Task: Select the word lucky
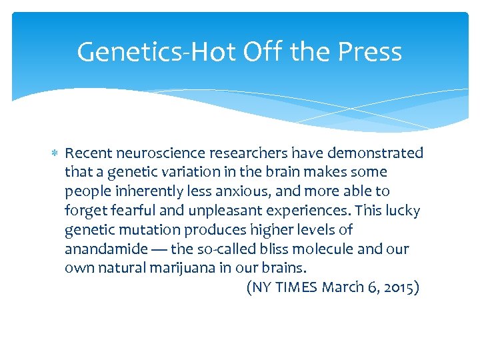pos(403,211)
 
